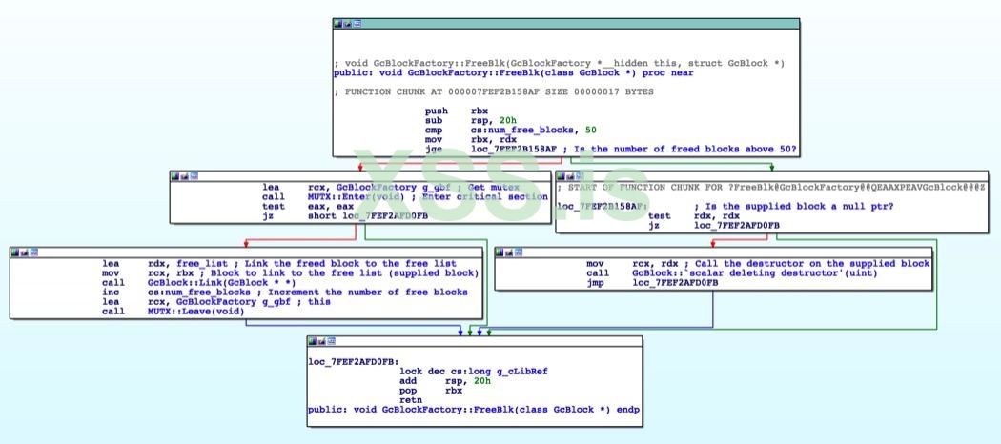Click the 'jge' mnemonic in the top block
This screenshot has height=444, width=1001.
(x=434, y=149)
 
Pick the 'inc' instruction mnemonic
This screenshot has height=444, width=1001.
(x=109, y=292)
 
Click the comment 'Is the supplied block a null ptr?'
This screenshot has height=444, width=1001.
(x=793, y=206)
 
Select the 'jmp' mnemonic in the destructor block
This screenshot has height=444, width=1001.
(x=597, y=282)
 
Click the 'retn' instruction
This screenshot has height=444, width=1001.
(x=411, y=400)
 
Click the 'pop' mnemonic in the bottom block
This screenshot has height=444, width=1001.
(x=407, y=391)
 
